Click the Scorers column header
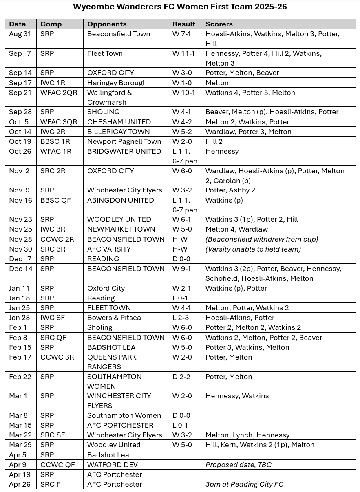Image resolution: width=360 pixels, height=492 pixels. (x=219, y=24)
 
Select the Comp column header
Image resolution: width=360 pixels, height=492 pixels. (x=51, y=24)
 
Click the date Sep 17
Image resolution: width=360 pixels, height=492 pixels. (x=20, y=83)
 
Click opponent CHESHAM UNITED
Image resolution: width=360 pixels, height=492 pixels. (x=119, y=122)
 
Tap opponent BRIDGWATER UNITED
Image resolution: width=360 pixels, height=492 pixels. (x=124, y=151)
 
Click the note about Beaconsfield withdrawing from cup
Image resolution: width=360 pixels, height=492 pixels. (x=262, y=239)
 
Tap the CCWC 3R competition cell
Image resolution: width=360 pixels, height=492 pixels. (x=57, y=357)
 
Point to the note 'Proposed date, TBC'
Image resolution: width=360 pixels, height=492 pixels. (x=238, y=465)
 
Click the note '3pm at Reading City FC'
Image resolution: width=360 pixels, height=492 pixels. (x=244, y=484)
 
